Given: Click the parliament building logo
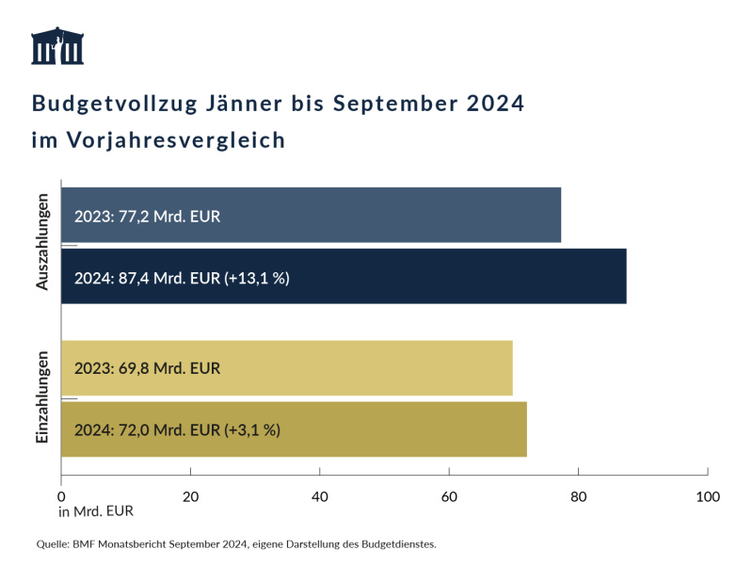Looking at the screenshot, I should point(57,46).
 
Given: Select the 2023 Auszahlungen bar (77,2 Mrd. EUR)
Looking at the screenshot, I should point(311,215).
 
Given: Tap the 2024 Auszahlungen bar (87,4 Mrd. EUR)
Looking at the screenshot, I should point(344,276).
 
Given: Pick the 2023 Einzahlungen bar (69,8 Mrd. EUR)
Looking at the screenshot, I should point(286,368).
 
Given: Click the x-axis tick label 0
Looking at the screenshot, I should point(61,496).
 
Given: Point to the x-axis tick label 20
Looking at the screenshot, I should point(190,496).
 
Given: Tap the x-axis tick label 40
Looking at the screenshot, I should point(320,496).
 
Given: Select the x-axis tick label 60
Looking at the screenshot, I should point(449,496).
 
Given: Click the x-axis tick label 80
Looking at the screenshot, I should point(578,496).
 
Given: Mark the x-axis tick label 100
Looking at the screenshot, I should point(707,496).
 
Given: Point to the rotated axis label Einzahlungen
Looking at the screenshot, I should point(42,398).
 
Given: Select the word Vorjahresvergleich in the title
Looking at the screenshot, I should point(176,140).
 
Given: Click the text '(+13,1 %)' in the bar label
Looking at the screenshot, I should point(260,277).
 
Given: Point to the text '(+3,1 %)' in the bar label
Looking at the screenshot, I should point(252,430).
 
